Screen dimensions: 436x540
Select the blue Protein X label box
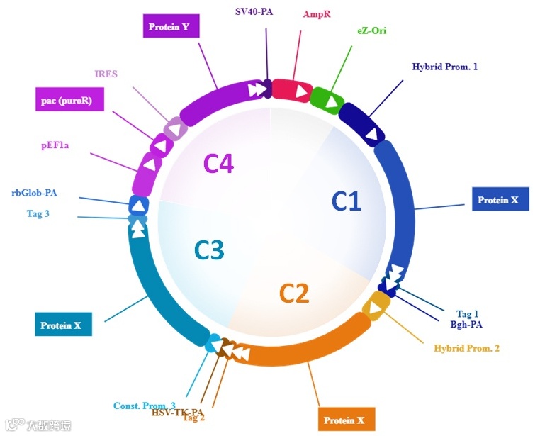pyautogui.click(x=501, y=199)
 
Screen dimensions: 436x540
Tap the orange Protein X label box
pyautogui.click(x=346, y=420)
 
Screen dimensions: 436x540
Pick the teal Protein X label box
pyautogui.click(x=63, y=325)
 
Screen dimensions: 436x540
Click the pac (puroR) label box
pyautogui.click(x=69, y=100)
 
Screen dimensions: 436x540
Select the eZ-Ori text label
pyautogui.click(x=372, y=30)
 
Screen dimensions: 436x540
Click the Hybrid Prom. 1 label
pyautogui.click(x=445, y=67)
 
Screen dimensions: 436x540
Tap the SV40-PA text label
pyautogui.click(x=254, y=11)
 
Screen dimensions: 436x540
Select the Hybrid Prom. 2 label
pyautogui.click(x=467, y=348)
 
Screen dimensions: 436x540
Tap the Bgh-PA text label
pyautogui.click(x=466, y=325)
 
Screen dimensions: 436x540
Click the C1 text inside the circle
pyautogui.click(x=347, y=202)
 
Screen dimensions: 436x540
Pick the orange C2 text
pyautogui.click(x=294, y=293)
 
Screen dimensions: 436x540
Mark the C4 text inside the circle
pyautogui.click(x=219, y=164)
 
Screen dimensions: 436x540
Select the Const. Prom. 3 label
pyautogui.click(x=145, y=406)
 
